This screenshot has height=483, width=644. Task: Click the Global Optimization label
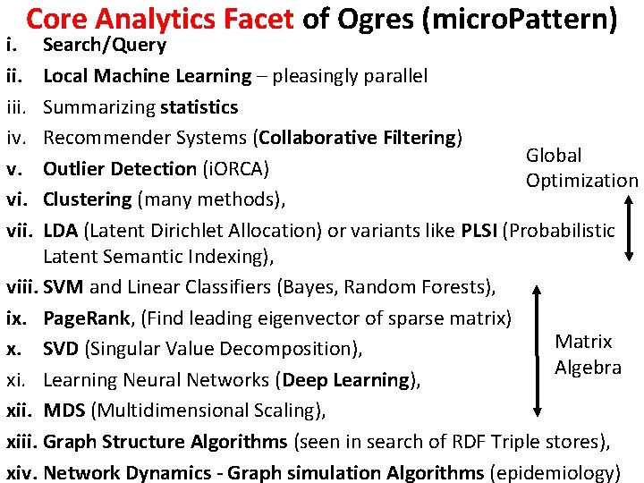(580, 167)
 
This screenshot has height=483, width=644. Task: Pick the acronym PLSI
(480, 230)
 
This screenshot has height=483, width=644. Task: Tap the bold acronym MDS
(64, 411)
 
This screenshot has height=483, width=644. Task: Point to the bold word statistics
(199, 106)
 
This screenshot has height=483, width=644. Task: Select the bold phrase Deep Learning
(346, 380)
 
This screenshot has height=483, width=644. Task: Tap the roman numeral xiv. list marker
(21, 472)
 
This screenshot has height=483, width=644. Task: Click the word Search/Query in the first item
(105, 45)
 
